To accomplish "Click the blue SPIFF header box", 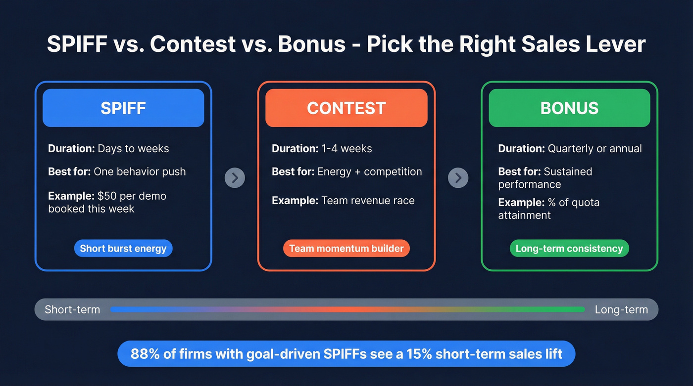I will (123, 108).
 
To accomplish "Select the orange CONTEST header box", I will (346, 108).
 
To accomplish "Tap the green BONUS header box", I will (569, 108).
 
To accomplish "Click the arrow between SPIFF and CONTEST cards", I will (235, 177).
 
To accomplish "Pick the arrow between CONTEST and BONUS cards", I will (458, 177).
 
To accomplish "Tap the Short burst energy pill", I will (123, 248).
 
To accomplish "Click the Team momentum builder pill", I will (346, 248).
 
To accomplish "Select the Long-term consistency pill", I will (569, 248).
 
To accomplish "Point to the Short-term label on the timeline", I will (72, 310).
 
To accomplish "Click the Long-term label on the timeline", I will (621, 310).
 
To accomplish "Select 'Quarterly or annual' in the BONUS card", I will (594, 148).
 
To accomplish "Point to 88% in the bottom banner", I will (144, 354).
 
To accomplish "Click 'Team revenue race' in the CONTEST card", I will (368, 201).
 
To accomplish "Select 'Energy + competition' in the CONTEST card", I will (369, 172).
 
